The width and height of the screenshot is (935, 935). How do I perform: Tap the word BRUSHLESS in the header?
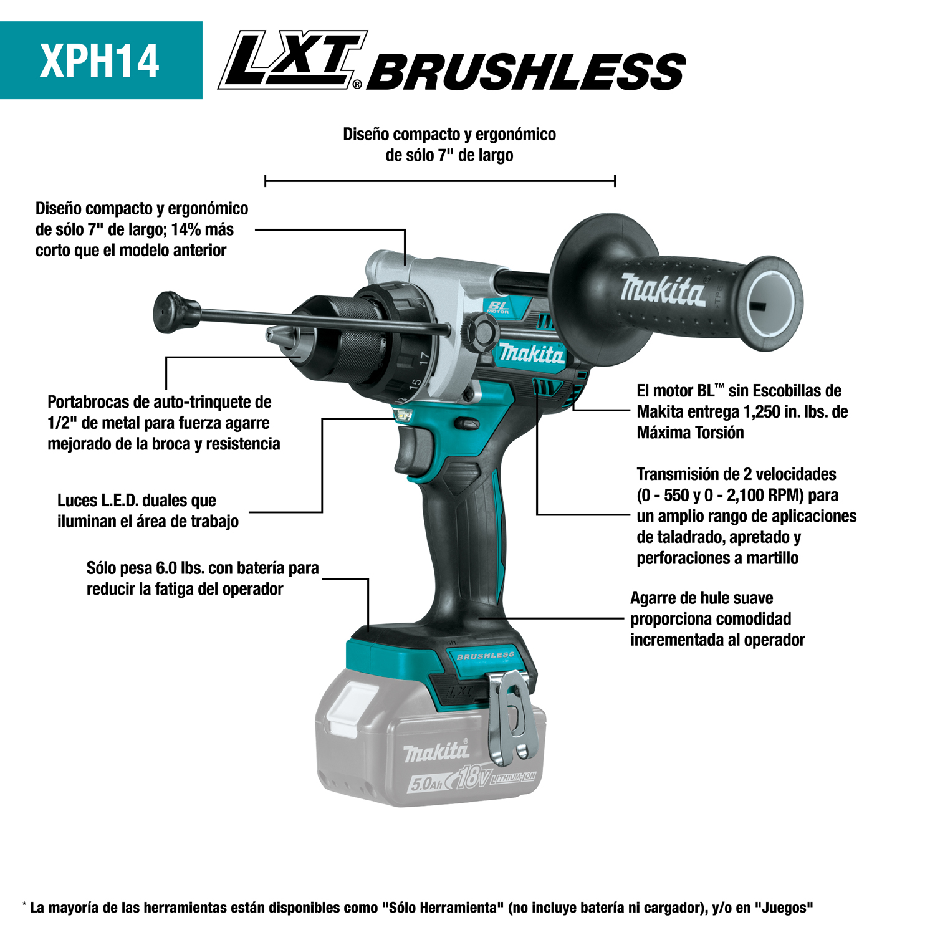527,72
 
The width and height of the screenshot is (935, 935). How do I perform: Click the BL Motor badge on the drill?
499,307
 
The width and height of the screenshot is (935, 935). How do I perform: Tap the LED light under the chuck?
404,414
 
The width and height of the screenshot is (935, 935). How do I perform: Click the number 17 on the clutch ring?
424,358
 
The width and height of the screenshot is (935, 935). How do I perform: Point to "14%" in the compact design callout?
186,229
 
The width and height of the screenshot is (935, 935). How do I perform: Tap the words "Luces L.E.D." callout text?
98,501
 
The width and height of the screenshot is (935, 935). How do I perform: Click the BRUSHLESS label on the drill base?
486,656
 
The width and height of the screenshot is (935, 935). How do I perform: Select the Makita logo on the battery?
436,752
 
